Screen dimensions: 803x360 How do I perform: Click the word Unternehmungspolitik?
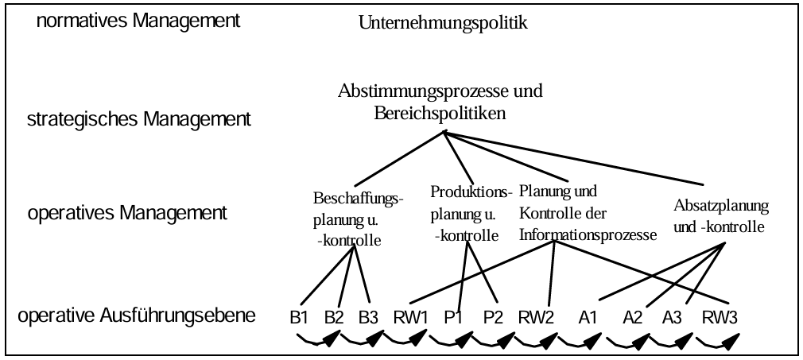[x=443, y=23]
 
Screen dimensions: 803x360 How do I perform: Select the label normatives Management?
[x=138, y=21]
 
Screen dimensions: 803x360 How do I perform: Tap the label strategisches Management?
[x=139, y=119]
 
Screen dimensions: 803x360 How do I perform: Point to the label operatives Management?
[x=127, y=213]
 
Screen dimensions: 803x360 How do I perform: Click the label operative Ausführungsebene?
[x=137, y=316]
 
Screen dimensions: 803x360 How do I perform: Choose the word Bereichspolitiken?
[x=440, y=114]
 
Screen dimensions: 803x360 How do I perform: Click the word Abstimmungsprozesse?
[x=421, y=91]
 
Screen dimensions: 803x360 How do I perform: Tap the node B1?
[x=299, y=318]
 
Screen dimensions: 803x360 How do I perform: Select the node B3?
[x=367, y=318]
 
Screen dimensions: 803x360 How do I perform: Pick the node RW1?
[x=410, y=318]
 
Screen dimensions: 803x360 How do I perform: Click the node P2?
[x=493, y=318]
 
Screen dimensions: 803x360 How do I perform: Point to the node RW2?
[x=536, y=318]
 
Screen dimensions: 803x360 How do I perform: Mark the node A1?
[x=588, y=318]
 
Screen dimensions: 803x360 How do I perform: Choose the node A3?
[x=672, y=318]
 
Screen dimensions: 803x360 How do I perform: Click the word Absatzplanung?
[x=721, y=206]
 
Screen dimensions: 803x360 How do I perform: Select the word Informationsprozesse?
[x=588, y=235]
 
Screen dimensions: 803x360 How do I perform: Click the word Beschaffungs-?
[x=359, y=198]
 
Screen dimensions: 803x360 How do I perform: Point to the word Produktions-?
[x=471, y=192]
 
